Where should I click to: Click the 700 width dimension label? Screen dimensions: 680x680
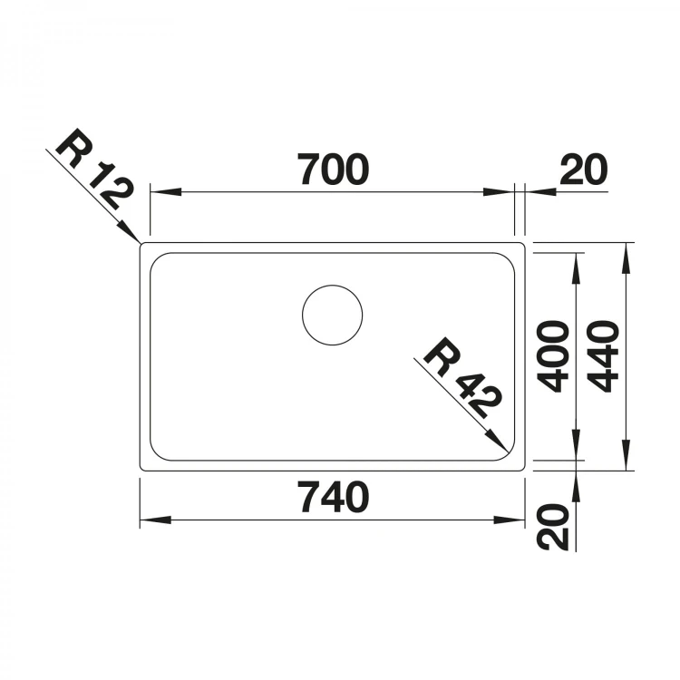(333, 170)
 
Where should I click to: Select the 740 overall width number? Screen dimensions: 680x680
(333, 498)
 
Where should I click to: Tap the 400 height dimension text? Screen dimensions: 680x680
(552, 356)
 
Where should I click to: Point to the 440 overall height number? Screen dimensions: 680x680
(603, 356)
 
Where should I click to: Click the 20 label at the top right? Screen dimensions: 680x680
(584, 170)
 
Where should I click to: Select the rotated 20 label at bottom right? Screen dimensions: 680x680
(552, 527)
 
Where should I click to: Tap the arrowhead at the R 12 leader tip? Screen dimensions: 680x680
(130, 231)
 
